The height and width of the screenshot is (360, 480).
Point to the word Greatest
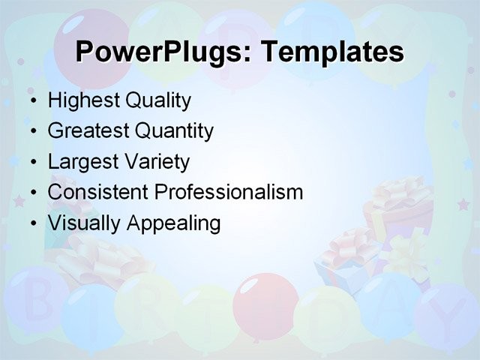click(x=88, y=131)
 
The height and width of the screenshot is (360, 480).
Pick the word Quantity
click(x=174, y=131)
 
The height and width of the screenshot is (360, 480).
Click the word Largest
click(x=81, y=162)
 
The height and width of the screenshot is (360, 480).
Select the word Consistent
click(x=98, y=193)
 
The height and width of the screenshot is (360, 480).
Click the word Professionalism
click(x=229, y=193)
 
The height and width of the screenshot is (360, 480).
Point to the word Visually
click(x=82, y=223)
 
